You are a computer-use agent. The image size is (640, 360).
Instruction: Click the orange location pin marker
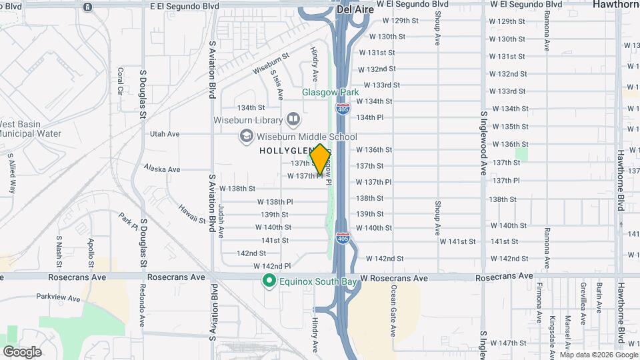point(320,159)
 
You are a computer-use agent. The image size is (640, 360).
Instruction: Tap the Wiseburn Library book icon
point(293,119)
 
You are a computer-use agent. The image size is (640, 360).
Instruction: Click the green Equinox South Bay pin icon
point(269,281)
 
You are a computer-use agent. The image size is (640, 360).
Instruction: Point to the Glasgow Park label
point(331,92)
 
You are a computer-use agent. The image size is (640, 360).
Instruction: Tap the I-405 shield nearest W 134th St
point(342,108)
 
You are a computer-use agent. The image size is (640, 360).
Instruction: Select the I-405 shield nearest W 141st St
point(342,237)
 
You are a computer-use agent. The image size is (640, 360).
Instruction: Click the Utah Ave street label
point(165,134)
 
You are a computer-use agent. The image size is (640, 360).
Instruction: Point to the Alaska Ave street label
point(162,169)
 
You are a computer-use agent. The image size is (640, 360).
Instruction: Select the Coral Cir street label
point(121,81)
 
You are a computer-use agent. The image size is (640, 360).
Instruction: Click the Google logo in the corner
point(22,351)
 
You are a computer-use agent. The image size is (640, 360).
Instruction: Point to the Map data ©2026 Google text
point(598,355)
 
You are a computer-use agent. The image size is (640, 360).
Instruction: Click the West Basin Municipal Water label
point(40,129)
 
